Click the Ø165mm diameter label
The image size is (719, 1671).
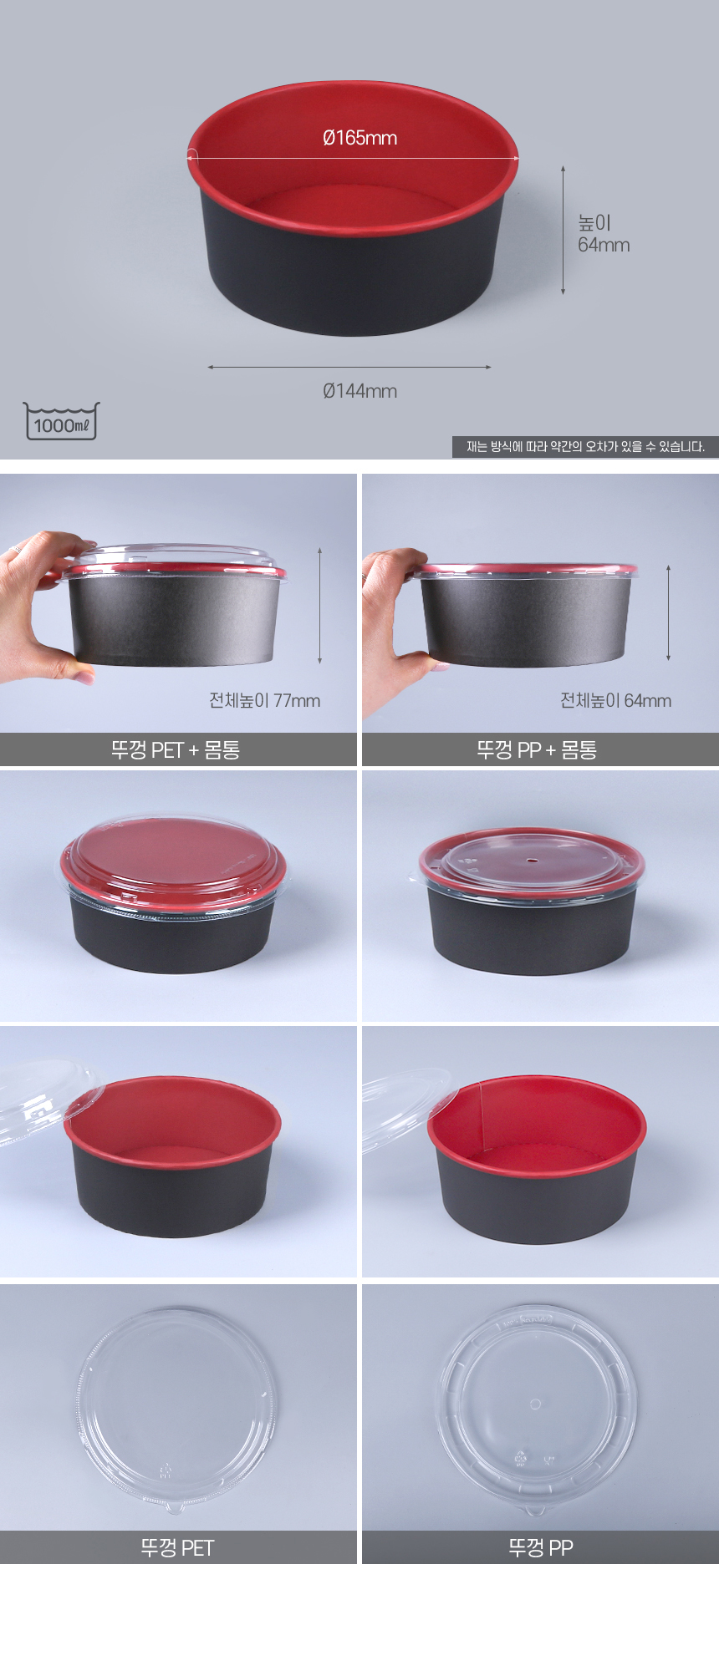tap(359, 138)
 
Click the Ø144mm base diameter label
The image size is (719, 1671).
tap(359, 390)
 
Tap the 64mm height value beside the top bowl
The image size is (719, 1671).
tap(604, 245)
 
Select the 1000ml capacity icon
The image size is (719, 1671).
tap(61, 421)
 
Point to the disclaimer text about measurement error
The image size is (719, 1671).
tap(585, 446)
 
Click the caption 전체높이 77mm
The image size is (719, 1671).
tap(264, 700)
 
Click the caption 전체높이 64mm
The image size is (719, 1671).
tap(615, 700)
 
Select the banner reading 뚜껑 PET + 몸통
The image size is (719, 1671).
tap(176, 749)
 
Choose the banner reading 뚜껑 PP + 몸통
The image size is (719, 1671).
tap(537, 749)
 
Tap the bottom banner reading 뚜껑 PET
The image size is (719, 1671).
tap(177, 1548)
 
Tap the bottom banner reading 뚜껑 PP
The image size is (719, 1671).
tap(540, 1548)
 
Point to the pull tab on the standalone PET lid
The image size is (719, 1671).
tap(174, 1507)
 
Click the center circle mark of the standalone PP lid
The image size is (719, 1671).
tap(536, 1404)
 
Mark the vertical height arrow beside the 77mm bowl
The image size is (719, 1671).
tap(319, 606)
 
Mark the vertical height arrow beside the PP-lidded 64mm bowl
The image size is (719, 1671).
tap(668, 612)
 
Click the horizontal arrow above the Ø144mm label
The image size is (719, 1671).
tap(349, 367)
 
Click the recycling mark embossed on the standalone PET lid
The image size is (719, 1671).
tap(165, 1470)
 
